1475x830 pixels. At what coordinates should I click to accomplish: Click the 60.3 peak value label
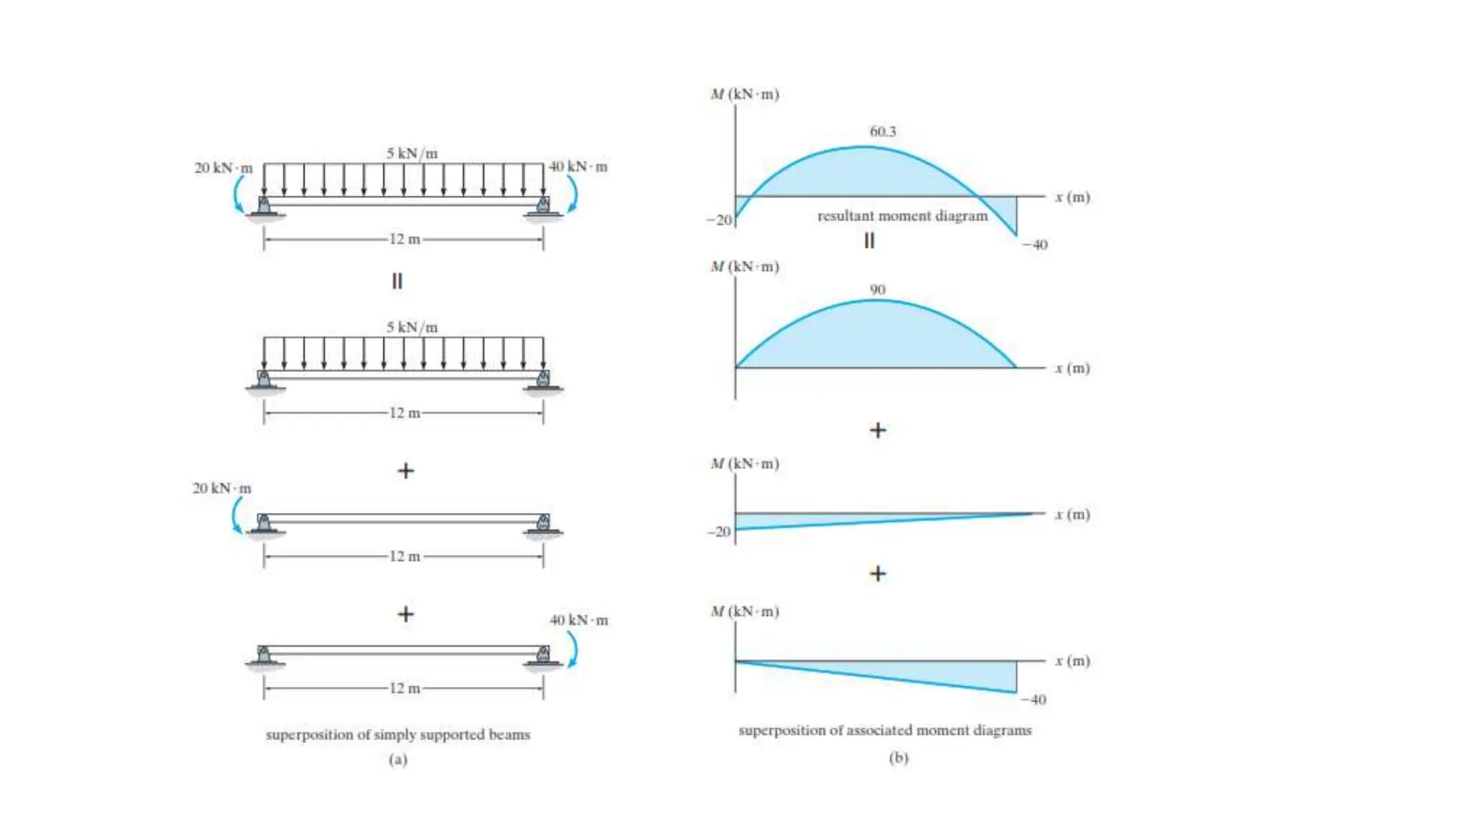click(882, 132)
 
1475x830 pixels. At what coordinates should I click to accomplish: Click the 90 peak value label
click(877, 290)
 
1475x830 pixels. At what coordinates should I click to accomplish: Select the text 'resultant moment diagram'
click(902, 216)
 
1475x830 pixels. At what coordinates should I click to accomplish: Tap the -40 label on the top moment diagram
click(1035, 245)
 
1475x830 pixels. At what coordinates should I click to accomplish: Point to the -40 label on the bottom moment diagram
click(1034, 700)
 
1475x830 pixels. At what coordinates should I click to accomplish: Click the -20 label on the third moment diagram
click(719, 532)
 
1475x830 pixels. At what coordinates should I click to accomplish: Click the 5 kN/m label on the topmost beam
click(411, 153)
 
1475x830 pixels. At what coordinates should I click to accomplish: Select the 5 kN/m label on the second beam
click(411, 327)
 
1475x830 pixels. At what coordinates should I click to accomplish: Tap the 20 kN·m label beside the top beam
click(223, 168)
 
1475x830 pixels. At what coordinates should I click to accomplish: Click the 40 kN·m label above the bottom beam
click(578, 620)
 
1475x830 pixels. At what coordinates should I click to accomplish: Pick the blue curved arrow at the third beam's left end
click(236, 516)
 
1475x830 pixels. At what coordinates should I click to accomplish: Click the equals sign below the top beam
click(397, 281)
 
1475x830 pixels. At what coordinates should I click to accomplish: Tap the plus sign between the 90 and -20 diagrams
click(877, 430)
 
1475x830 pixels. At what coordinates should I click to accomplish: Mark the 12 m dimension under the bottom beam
click(404, 688)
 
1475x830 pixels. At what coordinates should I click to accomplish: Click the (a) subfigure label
click(398, 759)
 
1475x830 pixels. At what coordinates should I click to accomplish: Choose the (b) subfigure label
click(898, 757)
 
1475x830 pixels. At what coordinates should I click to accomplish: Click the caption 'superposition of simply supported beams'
click(398, 735)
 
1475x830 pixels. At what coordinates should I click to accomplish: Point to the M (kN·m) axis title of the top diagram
click(745, 94)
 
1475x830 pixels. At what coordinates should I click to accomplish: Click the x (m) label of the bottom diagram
click(1072, 661)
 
